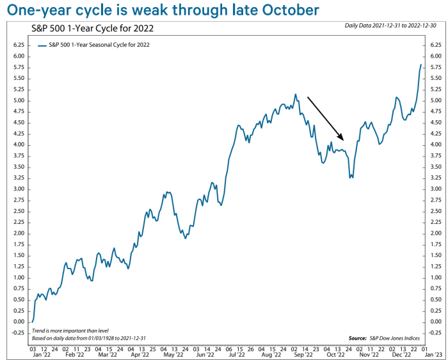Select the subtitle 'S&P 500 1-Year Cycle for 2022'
pyautogui.click(x=93, y=29)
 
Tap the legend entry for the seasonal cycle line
pyautogui.click(x=95, y=45)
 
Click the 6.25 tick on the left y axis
pyautogui.click(x=19, y=45)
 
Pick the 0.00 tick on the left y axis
pyautogui.click(x=19, y=322)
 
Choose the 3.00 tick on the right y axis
pyautogui.click(x=435, y=189)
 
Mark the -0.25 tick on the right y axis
pyautogui.click(x=435, y=333)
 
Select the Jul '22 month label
pyautogui.click(x=239, y=353)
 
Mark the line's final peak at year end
pyautogui.click(x=421, y=65)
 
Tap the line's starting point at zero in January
pyautogui.click(x=32, y=322)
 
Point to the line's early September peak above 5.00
pyautogui.click(x=296, y=95)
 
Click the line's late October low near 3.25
pyautogui.click(x=350, y=178)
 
